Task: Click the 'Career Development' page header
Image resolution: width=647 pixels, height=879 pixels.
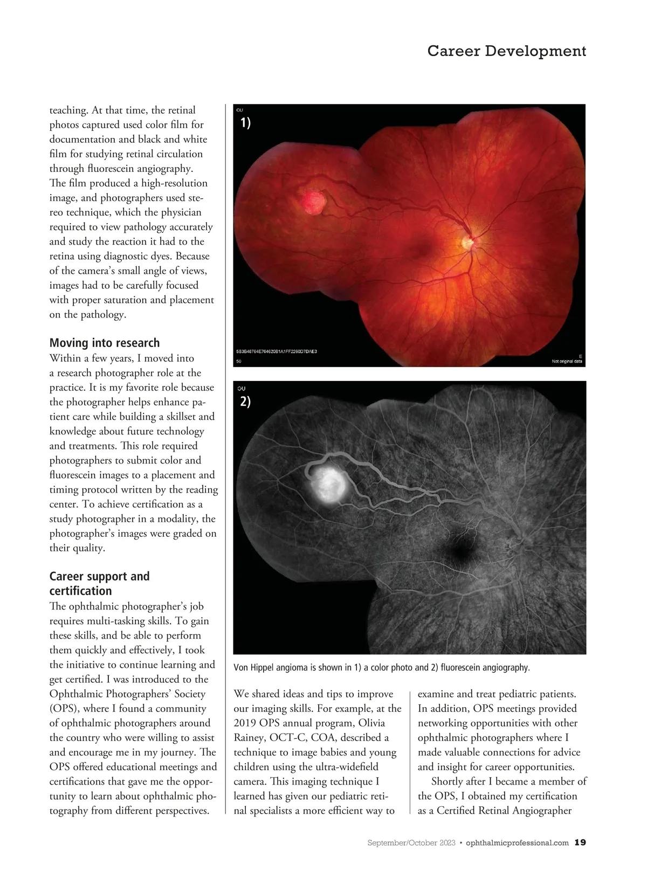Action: coord(506,51)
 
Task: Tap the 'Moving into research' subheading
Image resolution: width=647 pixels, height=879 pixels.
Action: coord(105,343)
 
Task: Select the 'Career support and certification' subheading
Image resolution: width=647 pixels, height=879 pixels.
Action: coord(99,584)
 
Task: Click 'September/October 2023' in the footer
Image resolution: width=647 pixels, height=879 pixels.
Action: coord(411,843)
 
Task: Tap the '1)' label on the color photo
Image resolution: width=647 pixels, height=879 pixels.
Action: coord(245,123)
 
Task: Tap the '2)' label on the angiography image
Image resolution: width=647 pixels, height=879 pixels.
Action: coord(245,402)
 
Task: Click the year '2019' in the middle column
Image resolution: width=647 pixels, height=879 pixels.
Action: coord(247,723)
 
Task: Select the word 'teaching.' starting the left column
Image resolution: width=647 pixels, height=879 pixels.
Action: coord(69,110)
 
